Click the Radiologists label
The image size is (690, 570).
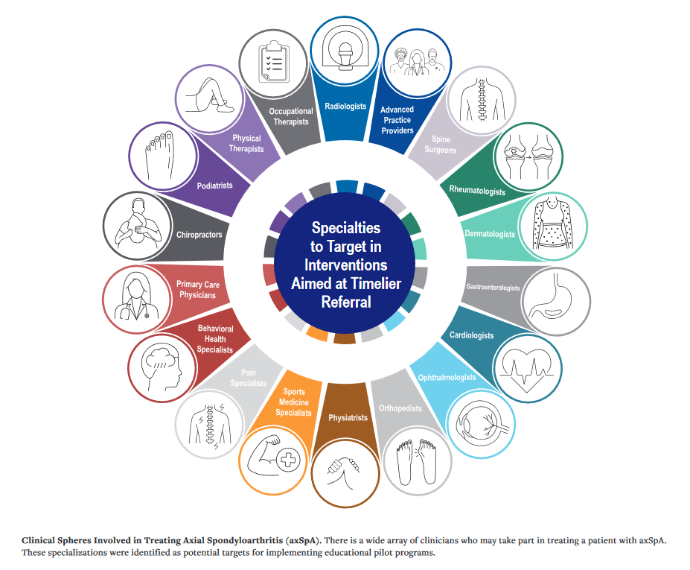345,107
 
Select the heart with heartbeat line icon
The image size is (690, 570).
526,370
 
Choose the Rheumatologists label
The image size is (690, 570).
476,191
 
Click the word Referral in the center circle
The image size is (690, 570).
345,303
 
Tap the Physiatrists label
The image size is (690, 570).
348,418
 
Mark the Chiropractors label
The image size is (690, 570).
199,235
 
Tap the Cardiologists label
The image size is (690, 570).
471,335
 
